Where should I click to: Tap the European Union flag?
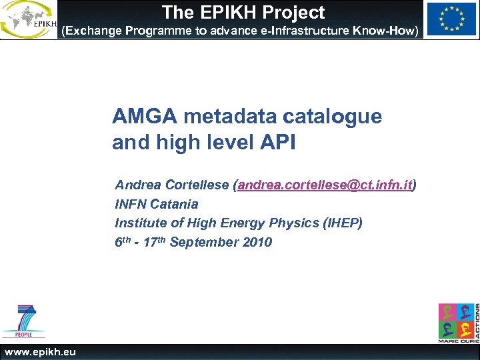pyautogui.click(x=451, y=19)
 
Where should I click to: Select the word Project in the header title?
pyautogui.click(x=294, y=13)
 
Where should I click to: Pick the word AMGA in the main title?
pyautogui.click(x=145, y=117)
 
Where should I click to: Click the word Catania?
pyautogui.click(x=175, y=204)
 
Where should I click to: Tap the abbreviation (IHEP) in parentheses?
pyautogui.click(x=342, y=223)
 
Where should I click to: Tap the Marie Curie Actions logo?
pyautogui.click(x=458, y=322)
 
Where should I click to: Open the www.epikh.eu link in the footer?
pyautogui.click(x=41, y=352)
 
